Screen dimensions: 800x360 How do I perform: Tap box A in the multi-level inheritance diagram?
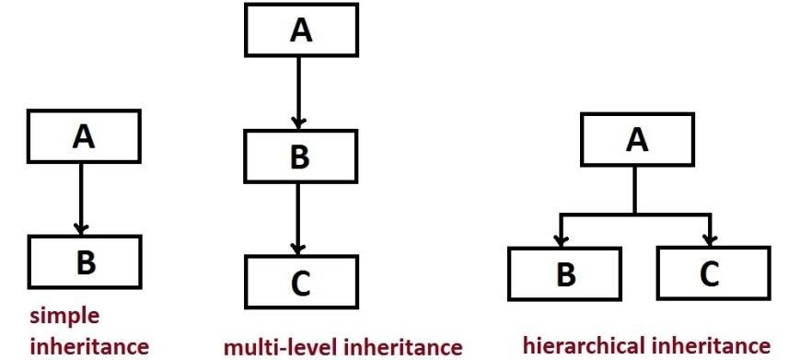(299, 30)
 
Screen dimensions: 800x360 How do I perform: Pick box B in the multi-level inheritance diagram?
(299, 156)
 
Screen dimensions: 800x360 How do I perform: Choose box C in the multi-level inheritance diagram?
(299, 283)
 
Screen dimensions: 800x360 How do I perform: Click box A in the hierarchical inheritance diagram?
(634, 142)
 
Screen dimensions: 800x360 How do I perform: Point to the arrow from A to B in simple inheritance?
(81, 197)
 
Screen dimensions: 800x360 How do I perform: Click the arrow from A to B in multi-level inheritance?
(296, 91)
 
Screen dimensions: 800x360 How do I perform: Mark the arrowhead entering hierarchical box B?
(559, 239)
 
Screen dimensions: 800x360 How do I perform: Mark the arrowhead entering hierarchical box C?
(709, 239)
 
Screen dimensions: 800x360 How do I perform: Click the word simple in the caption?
(64, 315)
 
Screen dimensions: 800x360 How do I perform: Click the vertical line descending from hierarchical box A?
(634, 191)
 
